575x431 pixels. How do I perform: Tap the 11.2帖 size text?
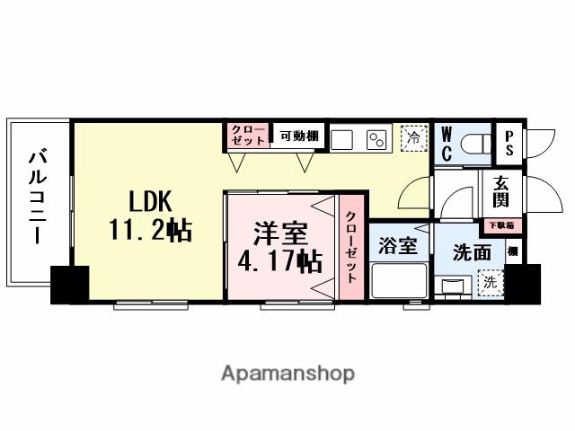150,231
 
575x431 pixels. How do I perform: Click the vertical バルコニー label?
38,197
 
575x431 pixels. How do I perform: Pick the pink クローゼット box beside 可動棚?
246,136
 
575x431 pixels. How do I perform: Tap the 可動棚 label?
298,136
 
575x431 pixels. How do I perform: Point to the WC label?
447,143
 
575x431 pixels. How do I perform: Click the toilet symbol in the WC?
476,141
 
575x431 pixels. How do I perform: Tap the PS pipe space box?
509,143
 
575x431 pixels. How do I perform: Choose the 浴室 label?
398,246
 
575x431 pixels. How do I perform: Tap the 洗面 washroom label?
471,253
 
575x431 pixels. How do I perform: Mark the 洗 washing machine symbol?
490,282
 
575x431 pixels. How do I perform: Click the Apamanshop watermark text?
287,373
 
